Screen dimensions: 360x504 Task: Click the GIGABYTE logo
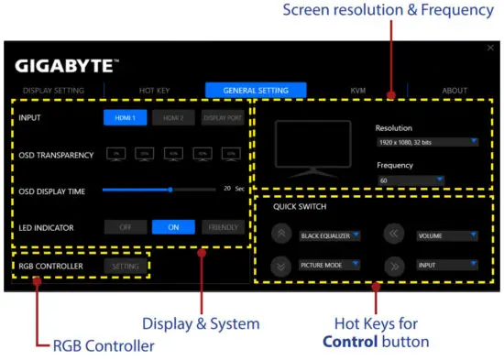click(66, 67)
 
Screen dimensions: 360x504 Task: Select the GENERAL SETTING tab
click(256, 91)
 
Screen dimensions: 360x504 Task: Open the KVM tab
click(357, 91)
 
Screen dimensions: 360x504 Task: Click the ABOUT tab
click(454, 91)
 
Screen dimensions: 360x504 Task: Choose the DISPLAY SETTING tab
click(53, 91)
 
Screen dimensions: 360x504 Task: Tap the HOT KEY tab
click(154, 91)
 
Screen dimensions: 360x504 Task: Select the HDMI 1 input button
click(124, 118)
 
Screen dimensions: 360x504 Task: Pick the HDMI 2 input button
click(173, 118)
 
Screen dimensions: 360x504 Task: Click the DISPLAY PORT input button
click(223, 118)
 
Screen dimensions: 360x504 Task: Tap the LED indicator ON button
click(173, 227)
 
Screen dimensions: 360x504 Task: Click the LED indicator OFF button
click(125, 227)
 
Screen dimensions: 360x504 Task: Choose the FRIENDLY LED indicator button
click(223, 227)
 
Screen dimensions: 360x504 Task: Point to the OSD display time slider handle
click(170, 190)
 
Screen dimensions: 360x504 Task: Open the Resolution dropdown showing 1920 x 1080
click(427, 142)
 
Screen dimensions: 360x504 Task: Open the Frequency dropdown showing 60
click(410, 180)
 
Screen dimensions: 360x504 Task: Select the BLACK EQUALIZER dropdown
click(330, 235)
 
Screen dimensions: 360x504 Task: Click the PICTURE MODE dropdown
click(330, 265)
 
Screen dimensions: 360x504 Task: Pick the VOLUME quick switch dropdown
click(446, 235)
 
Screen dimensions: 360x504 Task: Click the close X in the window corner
click(490, 48)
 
